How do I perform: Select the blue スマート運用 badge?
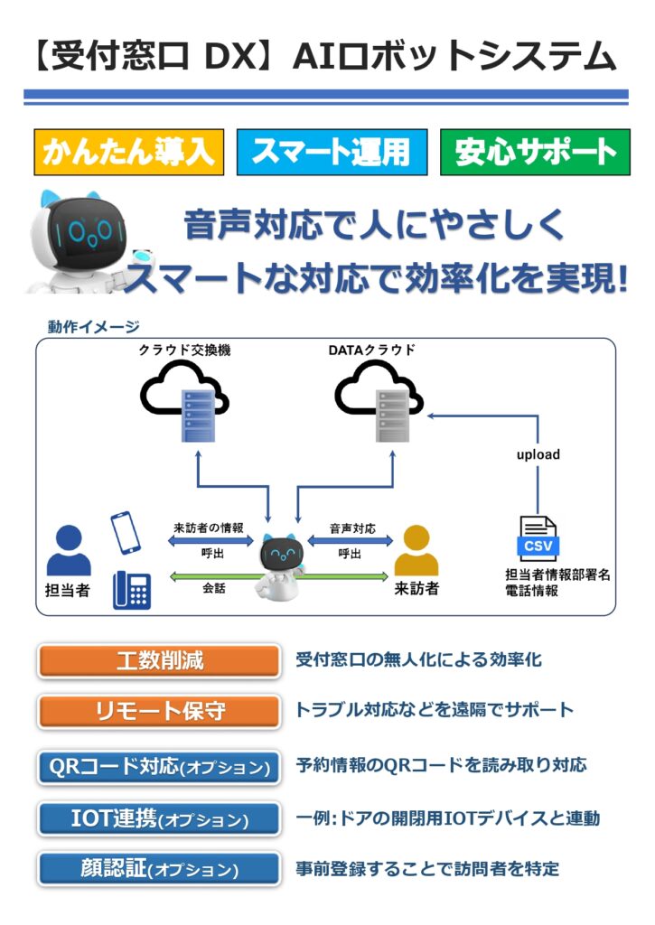pos(331,152)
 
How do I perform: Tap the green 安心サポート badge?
pos(534,152)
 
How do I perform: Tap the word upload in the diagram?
pos(538,454)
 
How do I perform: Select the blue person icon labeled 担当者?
pos(69,550)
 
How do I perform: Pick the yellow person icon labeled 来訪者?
pos(416,550)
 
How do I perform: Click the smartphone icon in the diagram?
pos(125,533)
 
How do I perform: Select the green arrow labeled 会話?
pos(214,575)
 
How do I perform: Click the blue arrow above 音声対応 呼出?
pos(351,540)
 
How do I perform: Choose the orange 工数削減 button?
pos(159,660)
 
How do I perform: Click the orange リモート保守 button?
pos(159,711)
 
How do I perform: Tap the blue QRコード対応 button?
pos(159,767)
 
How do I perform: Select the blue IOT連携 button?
pos(159,818)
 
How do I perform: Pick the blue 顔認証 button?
pos(159,869)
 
